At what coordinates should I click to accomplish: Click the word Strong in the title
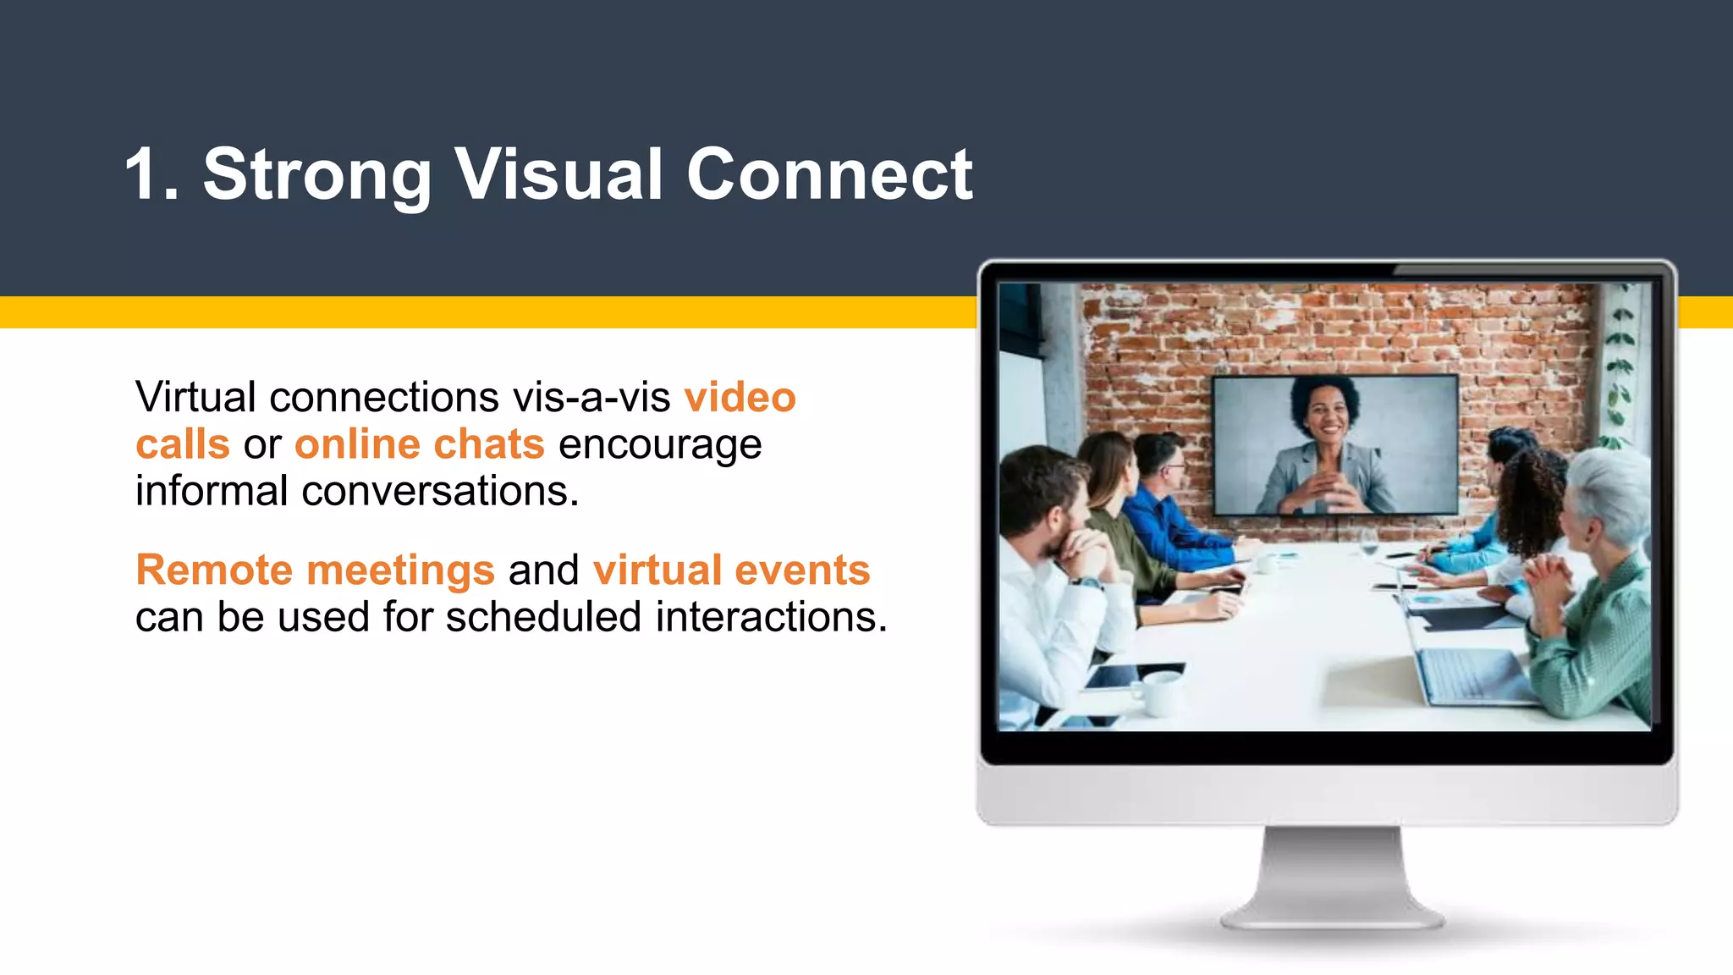316,175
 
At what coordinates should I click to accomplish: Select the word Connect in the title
829,175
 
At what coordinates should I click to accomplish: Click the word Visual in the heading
558,175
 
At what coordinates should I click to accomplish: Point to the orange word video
740,397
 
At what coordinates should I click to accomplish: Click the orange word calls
183,444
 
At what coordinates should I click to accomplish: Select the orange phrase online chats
420,444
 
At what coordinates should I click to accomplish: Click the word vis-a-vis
591,397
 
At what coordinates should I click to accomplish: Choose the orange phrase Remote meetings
315,570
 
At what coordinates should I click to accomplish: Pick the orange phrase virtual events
731,570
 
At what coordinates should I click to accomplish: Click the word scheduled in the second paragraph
544,616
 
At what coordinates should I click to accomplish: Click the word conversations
440,491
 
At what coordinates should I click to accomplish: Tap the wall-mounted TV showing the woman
1335,444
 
